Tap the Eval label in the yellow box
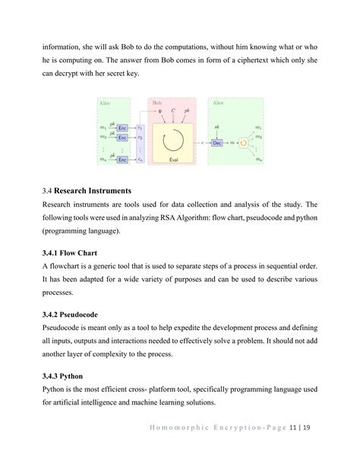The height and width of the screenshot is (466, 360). (174, 160)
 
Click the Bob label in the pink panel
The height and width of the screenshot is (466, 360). (156, 101)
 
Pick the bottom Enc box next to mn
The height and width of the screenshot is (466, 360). (122, 160)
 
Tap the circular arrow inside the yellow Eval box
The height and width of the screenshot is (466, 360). (174, 138)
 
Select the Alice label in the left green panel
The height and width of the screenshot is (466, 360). (104, 101)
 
